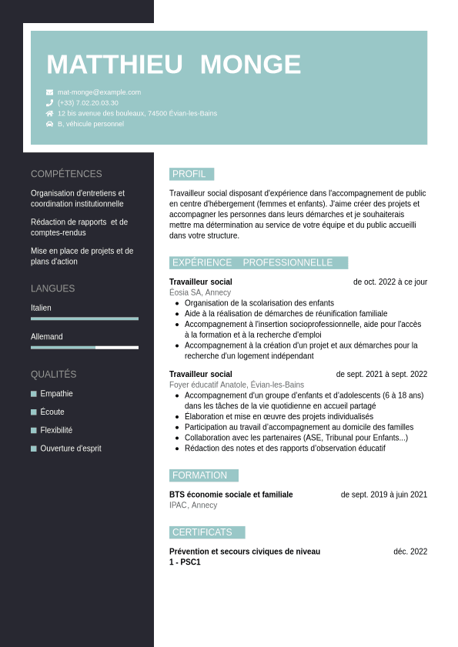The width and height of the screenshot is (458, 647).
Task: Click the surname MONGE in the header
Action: click(x=250, y=65)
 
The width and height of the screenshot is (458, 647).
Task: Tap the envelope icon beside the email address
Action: click(x=50, y=92)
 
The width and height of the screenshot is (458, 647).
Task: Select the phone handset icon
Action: click(x=50, y=102)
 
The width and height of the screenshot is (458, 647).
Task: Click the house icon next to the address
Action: click(x=50, y=113)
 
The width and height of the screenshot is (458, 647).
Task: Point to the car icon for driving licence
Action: click(x=50, y=124)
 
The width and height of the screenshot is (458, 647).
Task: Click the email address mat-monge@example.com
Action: click(x=99, y=92)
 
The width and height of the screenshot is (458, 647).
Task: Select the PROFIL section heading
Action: click(x=189, y=174)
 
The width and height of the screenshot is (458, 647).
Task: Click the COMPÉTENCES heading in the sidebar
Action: click(x=66, y=174)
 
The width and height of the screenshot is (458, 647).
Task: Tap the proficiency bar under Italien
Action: click(x=85, y=318)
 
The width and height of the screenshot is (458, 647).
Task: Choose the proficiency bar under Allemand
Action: click(x=85, y=348)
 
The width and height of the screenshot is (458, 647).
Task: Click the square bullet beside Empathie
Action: click(x=34, y=394)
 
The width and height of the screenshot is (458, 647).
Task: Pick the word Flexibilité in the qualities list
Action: click(x=56, y=430)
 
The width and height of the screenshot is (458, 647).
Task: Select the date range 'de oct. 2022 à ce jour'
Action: click(x=390, y=282)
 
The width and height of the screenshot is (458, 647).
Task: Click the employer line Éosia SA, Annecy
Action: click(x=200, y=292)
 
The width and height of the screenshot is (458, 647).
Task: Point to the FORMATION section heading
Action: click(x=200, y=475)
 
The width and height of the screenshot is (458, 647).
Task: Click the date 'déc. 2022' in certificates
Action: click(x=410, y=551)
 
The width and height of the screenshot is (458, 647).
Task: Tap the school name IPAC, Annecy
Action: click(x=193, y=505)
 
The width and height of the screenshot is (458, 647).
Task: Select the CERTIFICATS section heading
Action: click(x=202, y=532)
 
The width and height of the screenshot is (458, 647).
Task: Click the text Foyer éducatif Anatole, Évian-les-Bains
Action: click(x=236, y=385)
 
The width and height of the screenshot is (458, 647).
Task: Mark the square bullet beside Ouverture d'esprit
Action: click(x=34, y=449)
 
